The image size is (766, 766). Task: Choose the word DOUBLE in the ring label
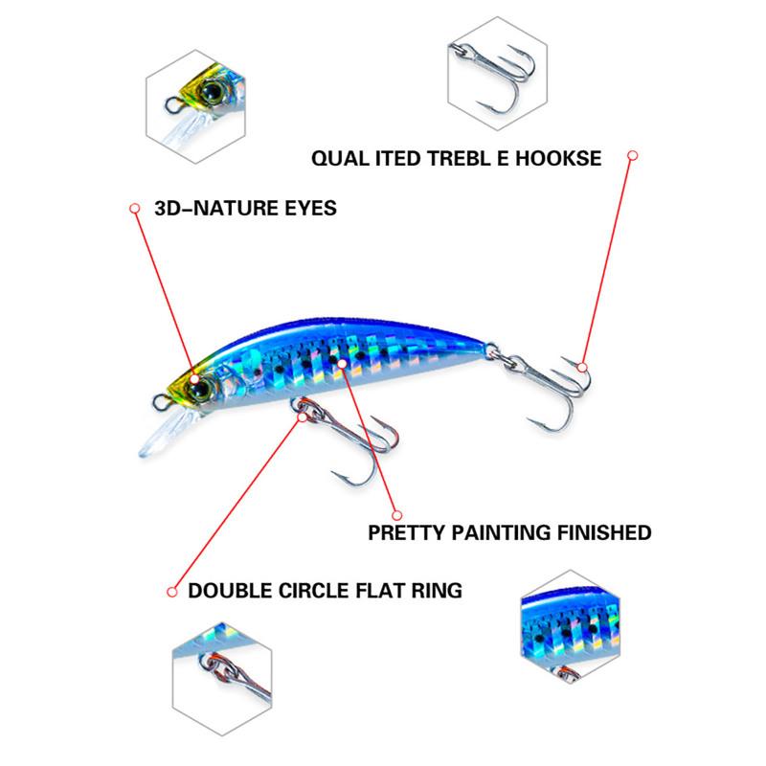230,590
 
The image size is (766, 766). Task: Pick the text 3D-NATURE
206,208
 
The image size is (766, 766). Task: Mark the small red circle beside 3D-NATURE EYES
135,207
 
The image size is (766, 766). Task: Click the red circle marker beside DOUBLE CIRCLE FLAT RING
172,590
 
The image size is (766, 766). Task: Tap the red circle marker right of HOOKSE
632,154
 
